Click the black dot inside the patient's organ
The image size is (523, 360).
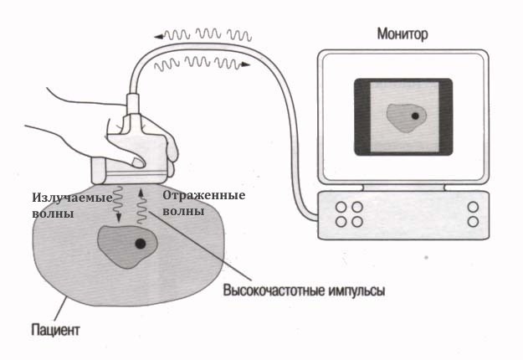tap(140, 243)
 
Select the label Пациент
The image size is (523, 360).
tap(53, 330)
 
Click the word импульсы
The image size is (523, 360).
tap(356, 292)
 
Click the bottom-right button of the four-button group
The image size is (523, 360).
tap(357, 222)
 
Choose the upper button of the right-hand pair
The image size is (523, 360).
tap(473, 207)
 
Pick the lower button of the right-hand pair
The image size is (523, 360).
tap(473, 222)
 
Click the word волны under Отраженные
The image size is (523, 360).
tap(183, 212)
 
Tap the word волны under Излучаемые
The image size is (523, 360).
tap(53, 214)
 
